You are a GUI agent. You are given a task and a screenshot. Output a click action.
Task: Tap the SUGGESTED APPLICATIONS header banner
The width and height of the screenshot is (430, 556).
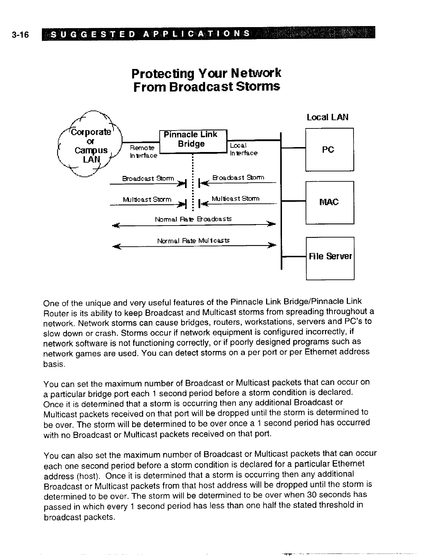pyautogui.click(x=208, y=34)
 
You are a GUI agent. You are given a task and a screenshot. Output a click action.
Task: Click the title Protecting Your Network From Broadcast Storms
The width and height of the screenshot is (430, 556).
pyautogui.click(x=207, y=80)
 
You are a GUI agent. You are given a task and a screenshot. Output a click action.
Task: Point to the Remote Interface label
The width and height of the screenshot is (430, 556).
pyautogui.click(x=143, y=151)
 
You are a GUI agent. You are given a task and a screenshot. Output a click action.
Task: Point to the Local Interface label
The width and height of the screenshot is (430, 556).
pyautogui.click(x=243, y=149)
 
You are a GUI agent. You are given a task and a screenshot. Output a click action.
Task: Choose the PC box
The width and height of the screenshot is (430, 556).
pyautogui.click(x=329, y=150)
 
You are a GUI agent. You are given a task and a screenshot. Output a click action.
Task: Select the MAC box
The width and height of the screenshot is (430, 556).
pyautogui.click(x=329, y=202)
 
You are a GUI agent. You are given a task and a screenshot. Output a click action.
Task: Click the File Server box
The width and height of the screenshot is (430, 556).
pyautogui.click(x=330, y=257)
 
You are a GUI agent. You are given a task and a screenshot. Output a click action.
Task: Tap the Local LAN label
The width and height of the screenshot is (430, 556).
pyautogui.click(x=327, y=117)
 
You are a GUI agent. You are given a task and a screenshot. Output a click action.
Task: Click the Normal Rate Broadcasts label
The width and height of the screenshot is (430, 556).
pyautogui.click(x=193, y=219)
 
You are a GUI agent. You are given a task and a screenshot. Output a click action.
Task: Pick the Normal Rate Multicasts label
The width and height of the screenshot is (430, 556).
pyautogui.click(x=193, y=241)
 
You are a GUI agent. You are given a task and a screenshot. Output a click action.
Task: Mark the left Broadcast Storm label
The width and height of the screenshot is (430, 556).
pyautogui.click(x=148, y=178)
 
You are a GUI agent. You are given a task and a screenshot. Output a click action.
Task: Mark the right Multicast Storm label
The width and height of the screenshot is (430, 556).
pyautogui.click(x=235, y=199)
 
